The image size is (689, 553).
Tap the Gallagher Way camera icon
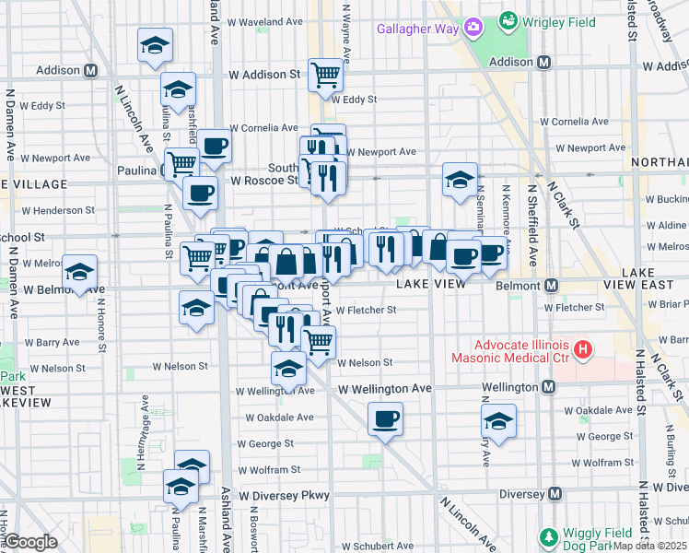click(474, 28)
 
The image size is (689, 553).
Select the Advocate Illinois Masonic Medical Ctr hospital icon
click(582, 349)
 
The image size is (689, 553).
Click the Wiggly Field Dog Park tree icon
click(549, 536)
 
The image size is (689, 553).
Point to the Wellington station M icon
click(550, 388)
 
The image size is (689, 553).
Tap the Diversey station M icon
click(555, 495)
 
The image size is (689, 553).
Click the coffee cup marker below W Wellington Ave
click(385, 419)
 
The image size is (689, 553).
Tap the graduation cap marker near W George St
click(498, 421)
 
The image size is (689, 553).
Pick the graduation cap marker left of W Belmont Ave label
click(80, 272)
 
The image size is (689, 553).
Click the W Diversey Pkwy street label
click(284, 496)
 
